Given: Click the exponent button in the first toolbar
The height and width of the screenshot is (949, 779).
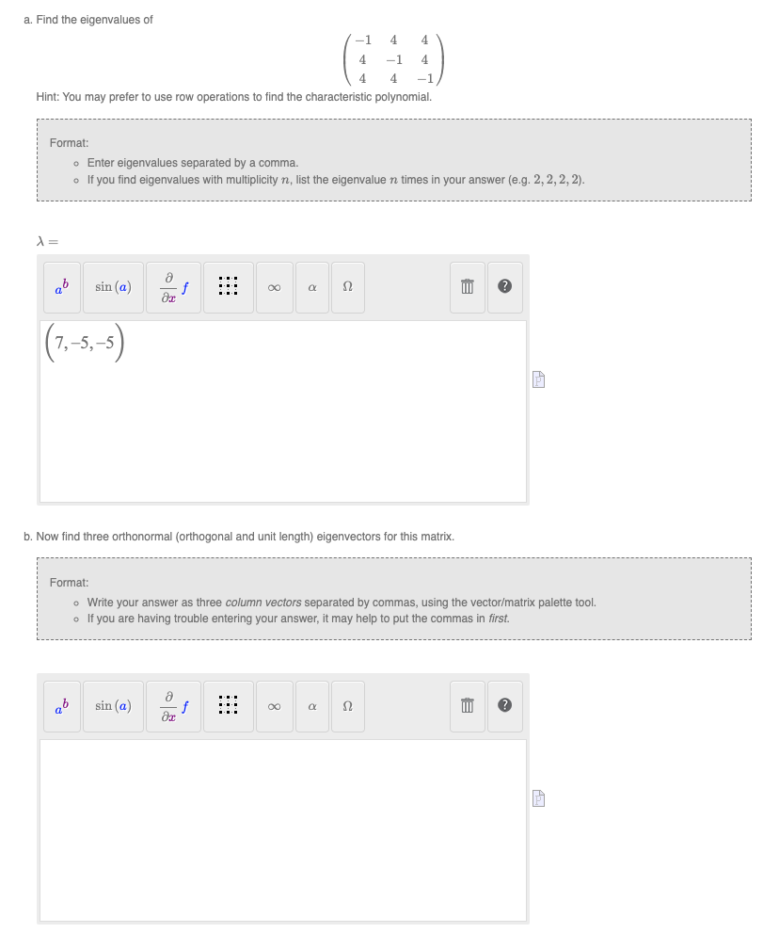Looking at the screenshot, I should tap(62, 287).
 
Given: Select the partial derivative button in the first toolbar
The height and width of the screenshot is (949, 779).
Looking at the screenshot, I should tap(176, 287).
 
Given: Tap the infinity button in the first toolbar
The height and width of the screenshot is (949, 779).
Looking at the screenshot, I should tap(273, 287).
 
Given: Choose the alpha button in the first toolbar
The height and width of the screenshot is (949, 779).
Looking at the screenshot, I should tap(310, 287).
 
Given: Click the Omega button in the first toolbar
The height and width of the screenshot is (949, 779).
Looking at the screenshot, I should tap(347, 287).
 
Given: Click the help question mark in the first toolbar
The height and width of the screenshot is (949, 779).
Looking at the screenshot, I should tap(504, 287).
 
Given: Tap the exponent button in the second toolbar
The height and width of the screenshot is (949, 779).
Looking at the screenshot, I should tap(62, 705).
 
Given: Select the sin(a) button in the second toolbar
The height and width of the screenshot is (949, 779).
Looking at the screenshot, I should tap(113, 705).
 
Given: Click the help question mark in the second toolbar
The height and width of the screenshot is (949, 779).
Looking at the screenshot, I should tap(504, 705).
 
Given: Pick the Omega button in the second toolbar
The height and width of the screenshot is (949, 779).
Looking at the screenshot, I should tap(347, 705).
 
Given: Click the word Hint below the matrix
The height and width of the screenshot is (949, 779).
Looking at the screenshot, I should tap(47, 97).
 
